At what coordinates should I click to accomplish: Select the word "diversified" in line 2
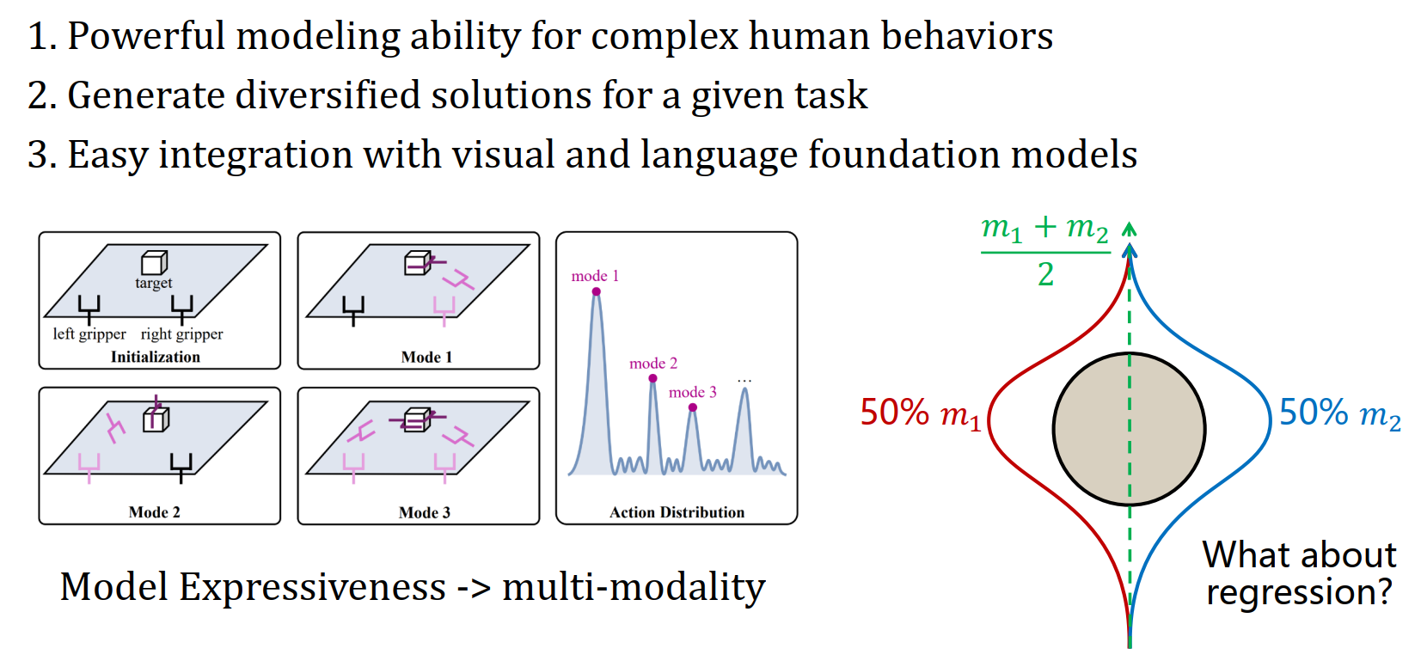coord(328,95)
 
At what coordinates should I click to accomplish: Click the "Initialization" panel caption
coord(155,357)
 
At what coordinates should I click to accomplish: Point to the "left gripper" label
coord(89,333)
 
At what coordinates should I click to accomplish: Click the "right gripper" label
coord(181,333)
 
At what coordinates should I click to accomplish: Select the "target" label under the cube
coord(153,283)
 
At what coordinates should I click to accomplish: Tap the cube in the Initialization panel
coord(154,262)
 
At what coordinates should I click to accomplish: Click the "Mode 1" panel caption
coord(426,357)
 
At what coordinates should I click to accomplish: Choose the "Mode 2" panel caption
coord(155,512)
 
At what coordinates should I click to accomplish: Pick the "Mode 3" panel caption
coord(425,512)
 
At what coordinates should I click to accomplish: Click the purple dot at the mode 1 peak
coord(596,291)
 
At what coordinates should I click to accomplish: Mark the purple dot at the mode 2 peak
coord(653,378)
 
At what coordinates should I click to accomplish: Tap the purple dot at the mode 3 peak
coord(693,407)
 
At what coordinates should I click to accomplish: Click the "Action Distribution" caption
coord(677,512)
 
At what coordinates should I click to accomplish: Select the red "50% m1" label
coord(920,413)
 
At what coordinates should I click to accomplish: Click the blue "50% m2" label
coord(1339,413)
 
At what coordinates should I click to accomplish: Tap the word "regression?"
coord(1298,592)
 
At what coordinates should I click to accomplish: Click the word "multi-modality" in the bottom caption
coord(634,588)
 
